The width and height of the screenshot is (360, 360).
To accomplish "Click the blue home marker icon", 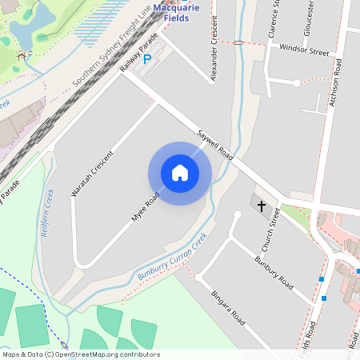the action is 179,172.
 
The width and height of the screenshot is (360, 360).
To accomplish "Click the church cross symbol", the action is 262,206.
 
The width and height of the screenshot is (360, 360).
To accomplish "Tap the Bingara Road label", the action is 227,306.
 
